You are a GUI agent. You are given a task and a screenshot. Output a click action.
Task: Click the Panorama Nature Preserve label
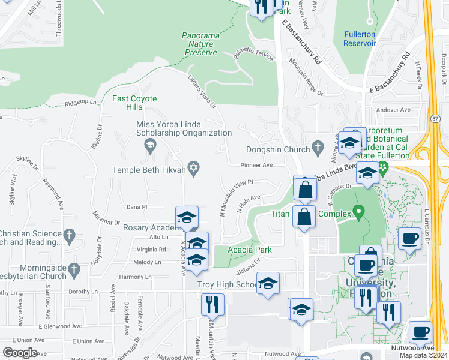(x=200, y=44)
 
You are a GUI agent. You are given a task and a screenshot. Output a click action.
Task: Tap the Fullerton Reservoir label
(x=360, y=38)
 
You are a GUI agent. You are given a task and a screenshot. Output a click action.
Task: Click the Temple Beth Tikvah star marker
(x=193, y=170)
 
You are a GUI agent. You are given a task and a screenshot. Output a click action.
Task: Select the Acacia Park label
(x=250, y=250)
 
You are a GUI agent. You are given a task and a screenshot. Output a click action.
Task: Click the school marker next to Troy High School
(x=268, y=283)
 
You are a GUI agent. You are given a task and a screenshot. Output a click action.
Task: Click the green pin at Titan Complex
(x=359, y=211)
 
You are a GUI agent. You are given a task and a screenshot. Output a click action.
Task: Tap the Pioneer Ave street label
(x=257, y=164)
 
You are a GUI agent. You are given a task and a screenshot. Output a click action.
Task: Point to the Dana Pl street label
(x=137, y=207)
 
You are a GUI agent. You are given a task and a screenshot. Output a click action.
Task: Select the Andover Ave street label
(x=393, y=110)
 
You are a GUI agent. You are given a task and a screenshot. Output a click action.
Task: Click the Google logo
(x=19, y=353)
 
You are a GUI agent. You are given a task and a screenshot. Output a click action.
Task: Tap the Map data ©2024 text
(x=423, y=355)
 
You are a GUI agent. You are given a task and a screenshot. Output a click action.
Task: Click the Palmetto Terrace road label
(x=253, y=56)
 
